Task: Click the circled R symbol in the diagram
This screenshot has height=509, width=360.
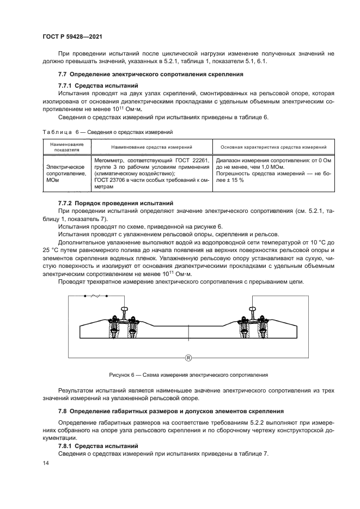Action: coord(188,358)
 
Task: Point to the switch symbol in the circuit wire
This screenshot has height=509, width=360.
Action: coord(97,296)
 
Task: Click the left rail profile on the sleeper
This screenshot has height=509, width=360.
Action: coord(125,312)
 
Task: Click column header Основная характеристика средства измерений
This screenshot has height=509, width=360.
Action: coord(273,148)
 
